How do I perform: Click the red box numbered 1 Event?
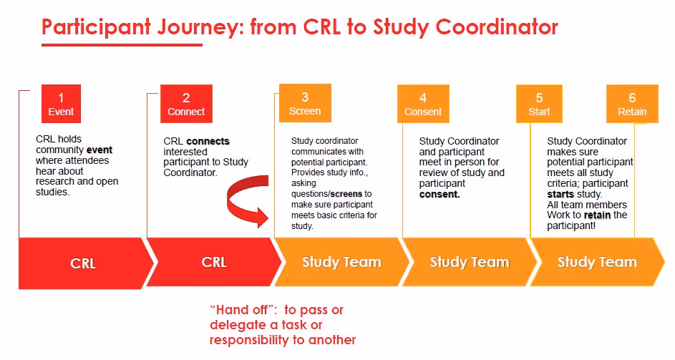61,104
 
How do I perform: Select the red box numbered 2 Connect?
186,104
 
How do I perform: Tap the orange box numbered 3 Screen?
305,104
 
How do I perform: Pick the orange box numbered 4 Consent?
423,104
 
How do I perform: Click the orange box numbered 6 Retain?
632,104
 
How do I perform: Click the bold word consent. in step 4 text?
440,194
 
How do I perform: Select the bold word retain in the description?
597,215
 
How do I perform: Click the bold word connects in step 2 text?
208,141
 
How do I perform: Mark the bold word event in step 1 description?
99,150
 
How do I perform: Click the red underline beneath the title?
122,45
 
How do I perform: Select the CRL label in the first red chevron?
82,263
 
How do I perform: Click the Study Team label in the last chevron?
597,262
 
